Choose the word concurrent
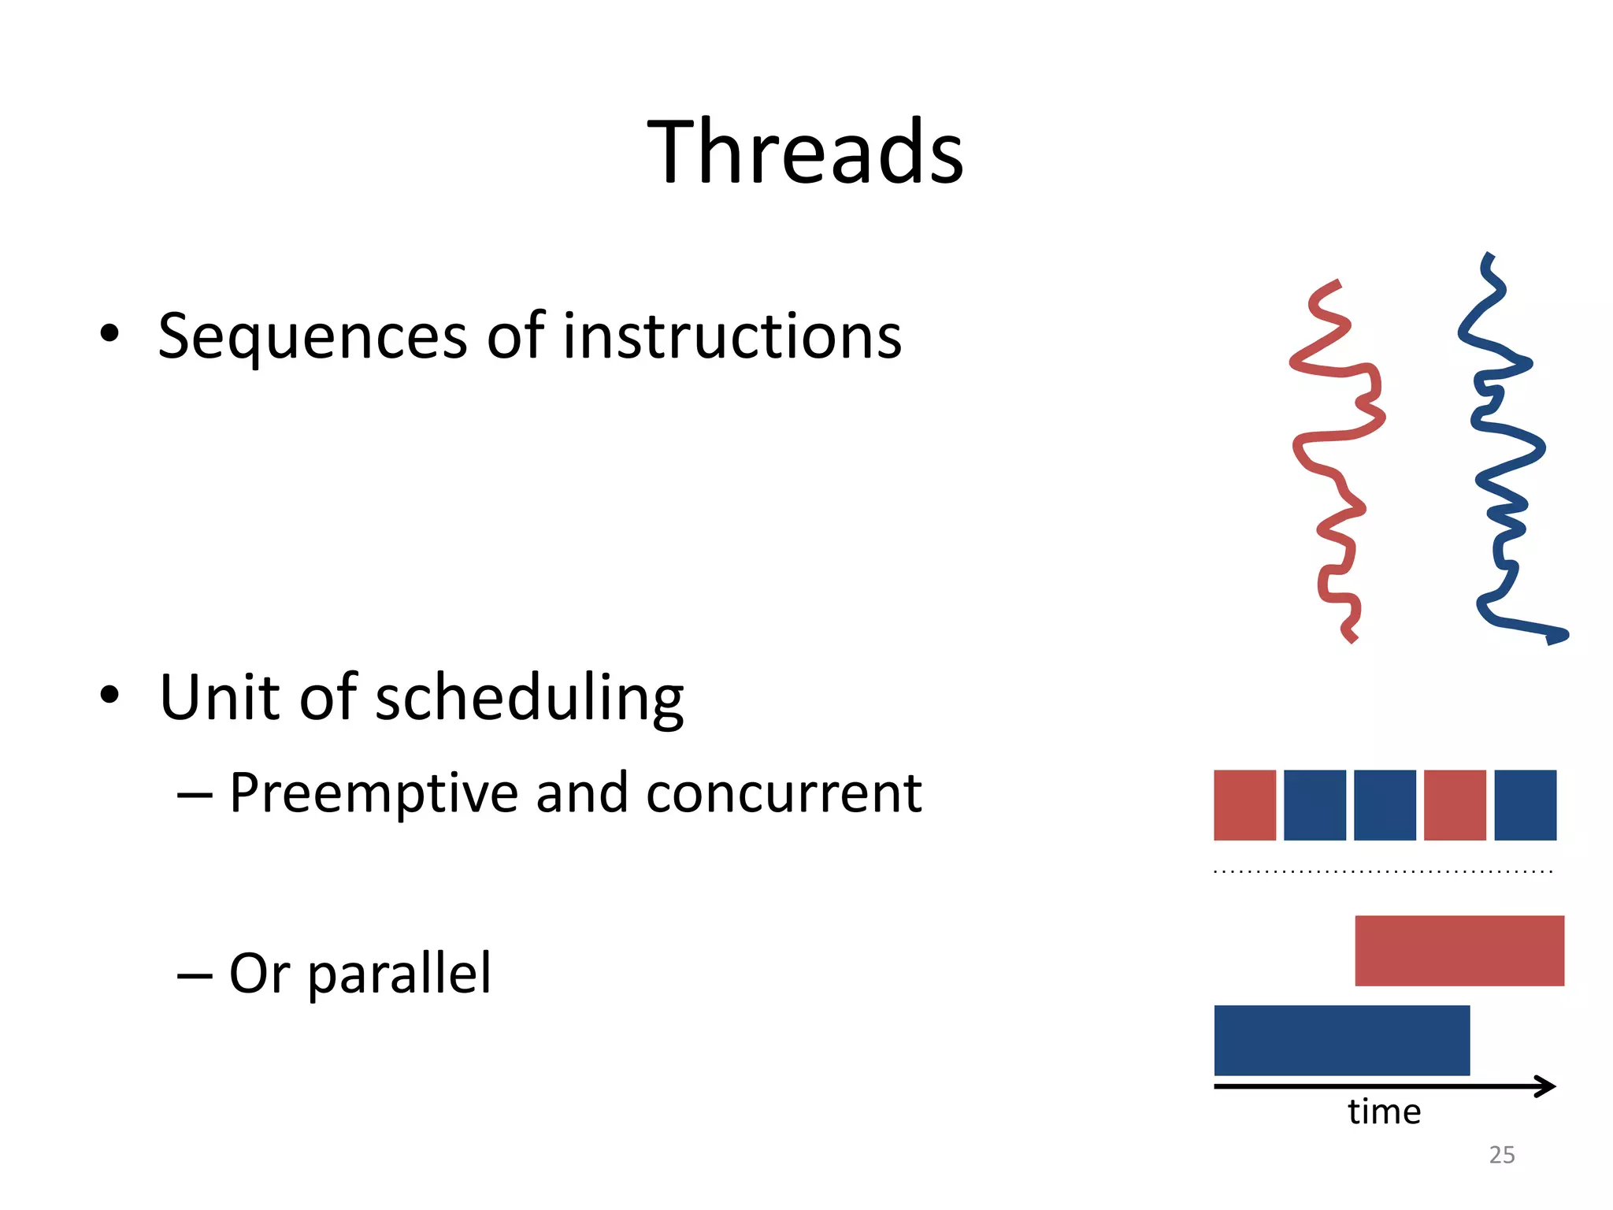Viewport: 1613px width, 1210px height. (x=784, y=793)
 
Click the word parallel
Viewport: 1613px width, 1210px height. (x=399, y=975)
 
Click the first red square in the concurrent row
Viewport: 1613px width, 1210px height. (x=1244, y=805)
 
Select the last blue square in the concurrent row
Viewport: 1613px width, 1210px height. (x=1525, y=805)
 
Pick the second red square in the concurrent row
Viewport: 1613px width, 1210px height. (x=1455, y=805)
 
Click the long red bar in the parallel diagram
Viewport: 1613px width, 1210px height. (x=1459, y=950)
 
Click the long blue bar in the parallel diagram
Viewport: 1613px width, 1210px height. (x=1342, y=1040)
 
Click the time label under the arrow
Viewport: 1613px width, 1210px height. (x=1384, y=1112)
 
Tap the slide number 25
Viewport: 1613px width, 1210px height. (x=1502, y=1155)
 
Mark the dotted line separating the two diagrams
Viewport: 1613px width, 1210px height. (x=1383, y=871)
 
